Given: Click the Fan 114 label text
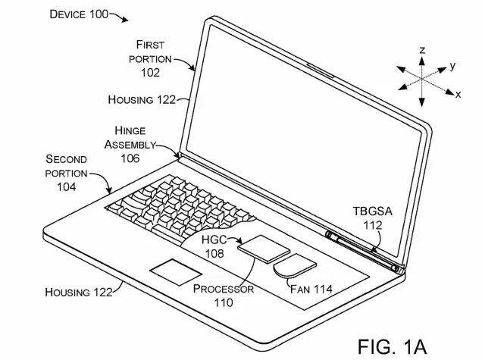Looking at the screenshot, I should click(311, 289).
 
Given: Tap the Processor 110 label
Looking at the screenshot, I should click(224, 296).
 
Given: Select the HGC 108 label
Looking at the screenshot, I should click(214, 246).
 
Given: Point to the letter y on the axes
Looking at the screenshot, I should click(452, 66).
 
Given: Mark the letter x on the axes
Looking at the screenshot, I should click(458, 94).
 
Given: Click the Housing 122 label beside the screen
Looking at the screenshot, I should click(142, 99).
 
